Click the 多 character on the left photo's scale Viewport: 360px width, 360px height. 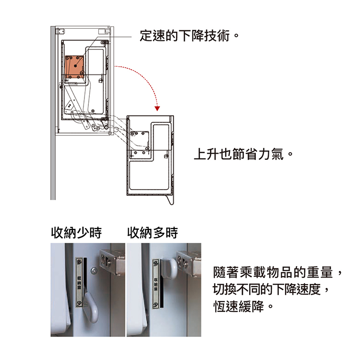coord(78,263)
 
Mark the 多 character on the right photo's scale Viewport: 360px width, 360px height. coord(155,264)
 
